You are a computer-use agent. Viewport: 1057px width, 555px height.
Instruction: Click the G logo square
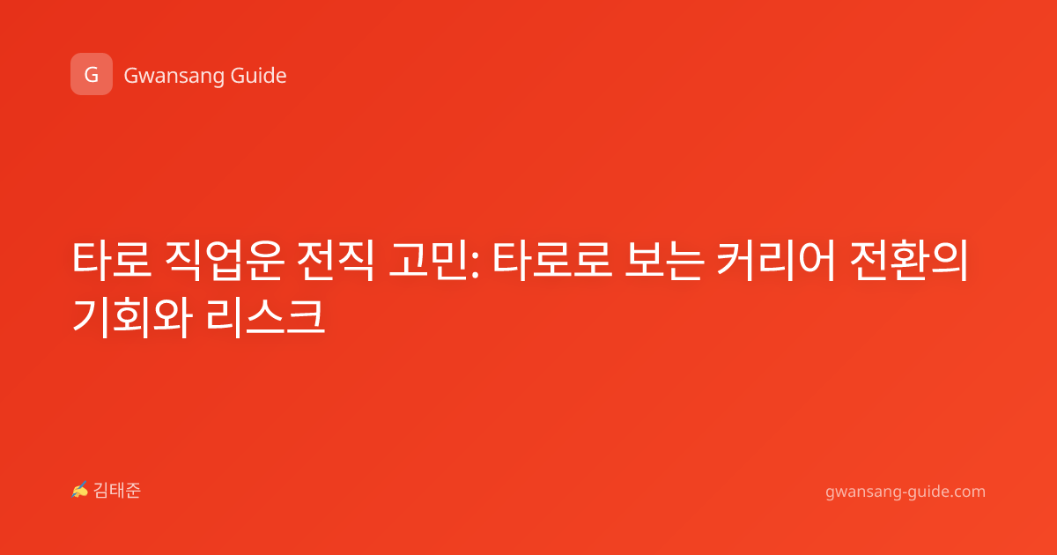click(92, 74)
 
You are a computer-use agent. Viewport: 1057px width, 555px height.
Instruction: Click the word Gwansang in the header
click(174, 77)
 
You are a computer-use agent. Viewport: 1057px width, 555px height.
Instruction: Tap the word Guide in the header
click(259, 76)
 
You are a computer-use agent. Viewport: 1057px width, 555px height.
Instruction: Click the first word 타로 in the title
click(112, 261)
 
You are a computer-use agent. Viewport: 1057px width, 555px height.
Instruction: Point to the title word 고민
click(428, 261)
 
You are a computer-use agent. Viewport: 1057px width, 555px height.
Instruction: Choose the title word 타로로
click(552, 261)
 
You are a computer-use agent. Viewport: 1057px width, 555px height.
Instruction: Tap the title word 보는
click(664, 261)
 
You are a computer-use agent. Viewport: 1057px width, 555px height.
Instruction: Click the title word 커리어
click(776, 261)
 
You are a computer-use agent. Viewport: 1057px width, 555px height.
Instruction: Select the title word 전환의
click(909, 261)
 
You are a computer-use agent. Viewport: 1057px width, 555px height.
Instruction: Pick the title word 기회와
click(132, 317)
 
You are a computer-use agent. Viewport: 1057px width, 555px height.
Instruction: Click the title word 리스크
click(266, 317)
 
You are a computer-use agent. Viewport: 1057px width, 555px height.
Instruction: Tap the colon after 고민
click(475, 265)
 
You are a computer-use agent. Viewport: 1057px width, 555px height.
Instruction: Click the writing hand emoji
click(79, 490)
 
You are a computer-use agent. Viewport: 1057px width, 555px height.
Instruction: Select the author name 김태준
click(117, 491)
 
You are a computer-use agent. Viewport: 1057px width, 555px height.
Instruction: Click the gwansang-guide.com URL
click(905, 492)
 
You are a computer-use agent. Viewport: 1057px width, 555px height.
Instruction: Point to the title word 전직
click(336, 261)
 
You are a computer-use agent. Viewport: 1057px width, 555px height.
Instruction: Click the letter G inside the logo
click(92, 75)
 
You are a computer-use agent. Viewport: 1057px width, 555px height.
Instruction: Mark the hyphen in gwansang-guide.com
click(903, 493)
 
